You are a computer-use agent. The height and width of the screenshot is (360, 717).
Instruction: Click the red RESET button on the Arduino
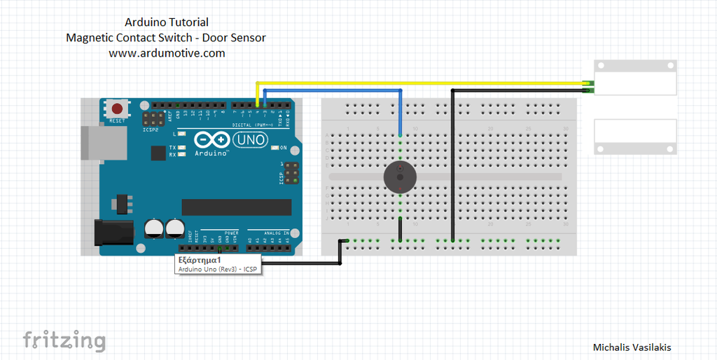pyautogui.click(x=118, y=109)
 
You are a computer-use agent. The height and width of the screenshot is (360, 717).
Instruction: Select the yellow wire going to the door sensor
pyautogui.click(x=420, y=84)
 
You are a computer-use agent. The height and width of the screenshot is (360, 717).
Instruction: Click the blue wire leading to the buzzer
pyautogui.click(x=400, y=112)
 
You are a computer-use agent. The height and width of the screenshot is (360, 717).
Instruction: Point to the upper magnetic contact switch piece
pyautogui.click(x=636, y=77)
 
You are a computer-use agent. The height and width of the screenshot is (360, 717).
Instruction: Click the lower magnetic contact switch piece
pyautogui.click(x=636, y=137)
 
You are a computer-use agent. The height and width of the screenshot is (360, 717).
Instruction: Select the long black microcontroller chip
pyautogui.click(x=236, y=207)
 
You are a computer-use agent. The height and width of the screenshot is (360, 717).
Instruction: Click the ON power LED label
pyautogui.click(x=284, y=148)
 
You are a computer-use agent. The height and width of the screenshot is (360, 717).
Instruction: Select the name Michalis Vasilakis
pyautogui.click(x=632, y=347)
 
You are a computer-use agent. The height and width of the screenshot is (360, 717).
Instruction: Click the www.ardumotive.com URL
pyautogui.click(x=167, y=53)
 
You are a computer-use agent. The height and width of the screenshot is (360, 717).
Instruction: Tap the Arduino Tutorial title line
pyautogui.click(x=166, y=22)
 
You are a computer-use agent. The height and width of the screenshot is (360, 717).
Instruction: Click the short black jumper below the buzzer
pyautogui.click(x=400, y=229)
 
